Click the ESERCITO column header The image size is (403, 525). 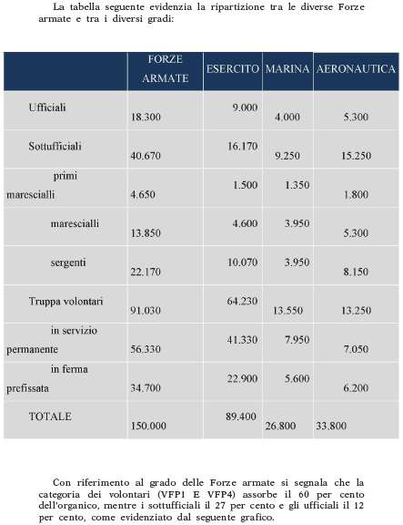pyautogui.click(x=233, y=69)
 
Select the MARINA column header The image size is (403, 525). pyautogui.click(x=287, y=69)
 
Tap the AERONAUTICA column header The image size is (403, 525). pyautogui.click(x=356, y=69)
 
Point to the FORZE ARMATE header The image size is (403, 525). pyautogui.click(x=165, y=68)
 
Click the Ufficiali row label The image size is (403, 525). pyautogui.click(x=47, y=108)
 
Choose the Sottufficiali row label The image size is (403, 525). pyautogui.click(x=55, y=147)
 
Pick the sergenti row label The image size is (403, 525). pyautogui.click(x=68, y=262)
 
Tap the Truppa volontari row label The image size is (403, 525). pyautogui.click(x=65, y=302)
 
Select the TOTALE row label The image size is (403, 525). pyautogui.click(x=50, y=417)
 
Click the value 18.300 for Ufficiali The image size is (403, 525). pyautogui.click(x=146, y=118)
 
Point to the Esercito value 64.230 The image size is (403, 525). pyautogui.click(x=242, y=301)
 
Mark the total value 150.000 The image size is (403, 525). pyautogui.click(x=148, y=426)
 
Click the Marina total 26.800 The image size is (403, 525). pyautogui.click(x=281, y=426)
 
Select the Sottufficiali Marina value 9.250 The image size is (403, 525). pyautogui.click(x=287, y=156)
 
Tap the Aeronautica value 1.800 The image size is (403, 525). pyautogui.click(x=356, y=194)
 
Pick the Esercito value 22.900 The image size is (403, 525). pyautogui.click(x=242, y=378)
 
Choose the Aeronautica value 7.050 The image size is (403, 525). pyautogui.click(x=356, y=349)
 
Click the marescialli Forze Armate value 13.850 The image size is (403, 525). pyautogui.click(x=146, y=233)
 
